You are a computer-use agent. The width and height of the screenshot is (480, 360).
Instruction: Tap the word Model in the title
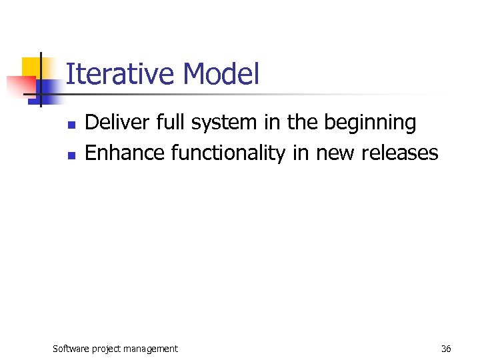[x=220, y=74]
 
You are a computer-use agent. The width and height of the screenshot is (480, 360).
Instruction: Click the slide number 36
[x=446, y=348]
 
